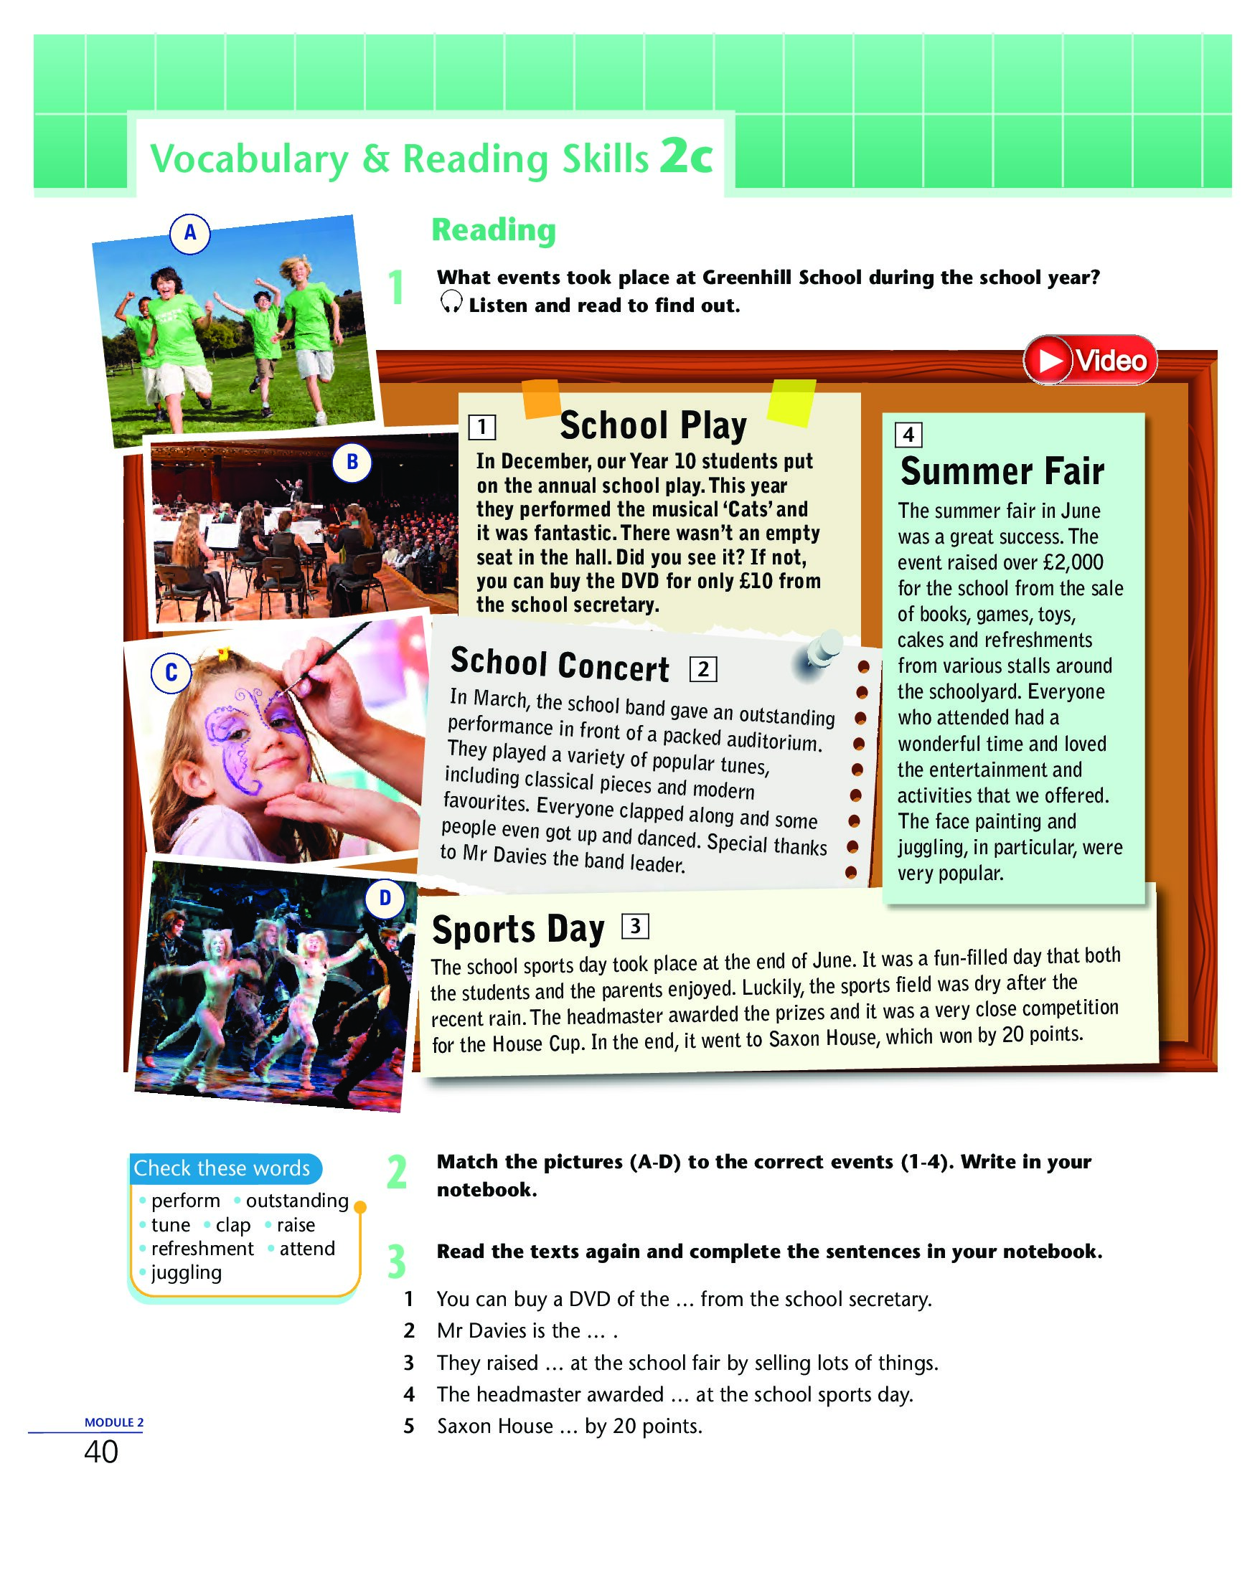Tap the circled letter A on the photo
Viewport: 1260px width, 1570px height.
coord(189,233)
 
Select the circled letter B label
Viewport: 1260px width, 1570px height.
coord(352,462)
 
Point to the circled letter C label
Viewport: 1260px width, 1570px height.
coord(171,672)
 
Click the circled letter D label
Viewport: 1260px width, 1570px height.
coord(385,899)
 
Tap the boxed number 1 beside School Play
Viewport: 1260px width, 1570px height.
coord(481,427)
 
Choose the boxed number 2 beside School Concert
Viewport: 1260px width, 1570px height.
coord(703,668)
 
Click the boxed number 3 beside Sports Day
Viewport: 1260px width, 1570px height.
coord(635,926)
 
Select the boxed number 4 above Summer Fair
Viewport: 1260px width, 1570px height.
coord(908,435)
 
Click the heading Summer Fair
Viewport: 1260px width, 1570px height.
coord(1002,471)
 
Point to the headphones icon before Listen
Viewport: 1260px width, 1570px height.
coord(451,301)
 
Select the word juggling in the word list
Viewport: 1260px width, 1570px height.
coord(187,1272)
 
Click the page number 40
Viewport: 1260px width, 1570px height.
coord(100,1452)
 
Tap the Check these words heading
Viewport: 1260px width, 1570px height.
coord(222,1168)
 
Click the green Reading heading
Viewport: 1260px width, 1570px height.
coord(494,230)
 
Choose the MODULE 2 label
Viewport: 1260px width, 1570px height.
coord(113,1422)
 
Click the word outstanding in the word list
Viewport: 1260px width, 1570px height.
coord(297,1200)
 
